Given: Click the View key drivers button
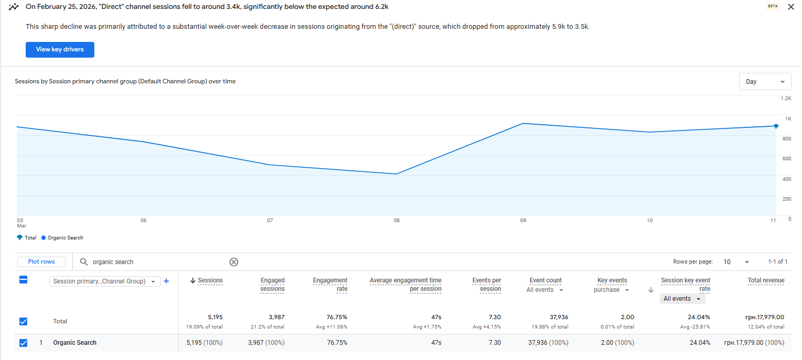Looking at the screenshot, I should [x=60, y=49].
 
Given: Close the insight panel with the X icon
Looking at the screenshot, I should [x=791, y=7].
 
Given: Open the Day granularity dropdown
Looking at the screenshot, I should [x=765, y=82].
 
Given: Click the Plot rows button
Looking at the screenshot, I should [x=41, y=261].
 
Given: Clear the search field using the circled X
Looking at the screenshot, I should [x=234, y=262].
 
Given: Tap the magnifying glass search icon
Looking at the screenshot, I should [x=84, y=262].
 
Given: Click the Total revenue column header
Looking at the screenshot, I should [x=766, y=280].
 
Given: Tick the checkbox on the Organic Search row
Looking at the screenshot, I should [x=23, y=343].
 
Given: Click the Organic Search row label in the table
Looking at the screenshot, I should [x=74, y=343].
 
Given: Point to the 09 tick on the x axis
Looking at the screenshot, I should [x=523, y=221].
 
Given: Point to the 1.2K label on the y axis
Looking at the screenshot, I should [x=785, y=99].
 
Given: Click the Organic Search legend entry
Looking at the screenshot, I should [x=65, y=238].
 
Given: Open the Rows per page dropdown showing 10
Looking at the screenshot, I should [x=736, y=261].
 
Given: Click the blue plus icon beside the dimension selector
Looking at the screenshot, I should [x=166, y=281].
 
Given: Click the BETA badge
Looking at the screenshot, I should [x=773, y=7].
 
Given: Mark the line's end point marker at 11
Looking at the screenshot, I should [x=776, y=126].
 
